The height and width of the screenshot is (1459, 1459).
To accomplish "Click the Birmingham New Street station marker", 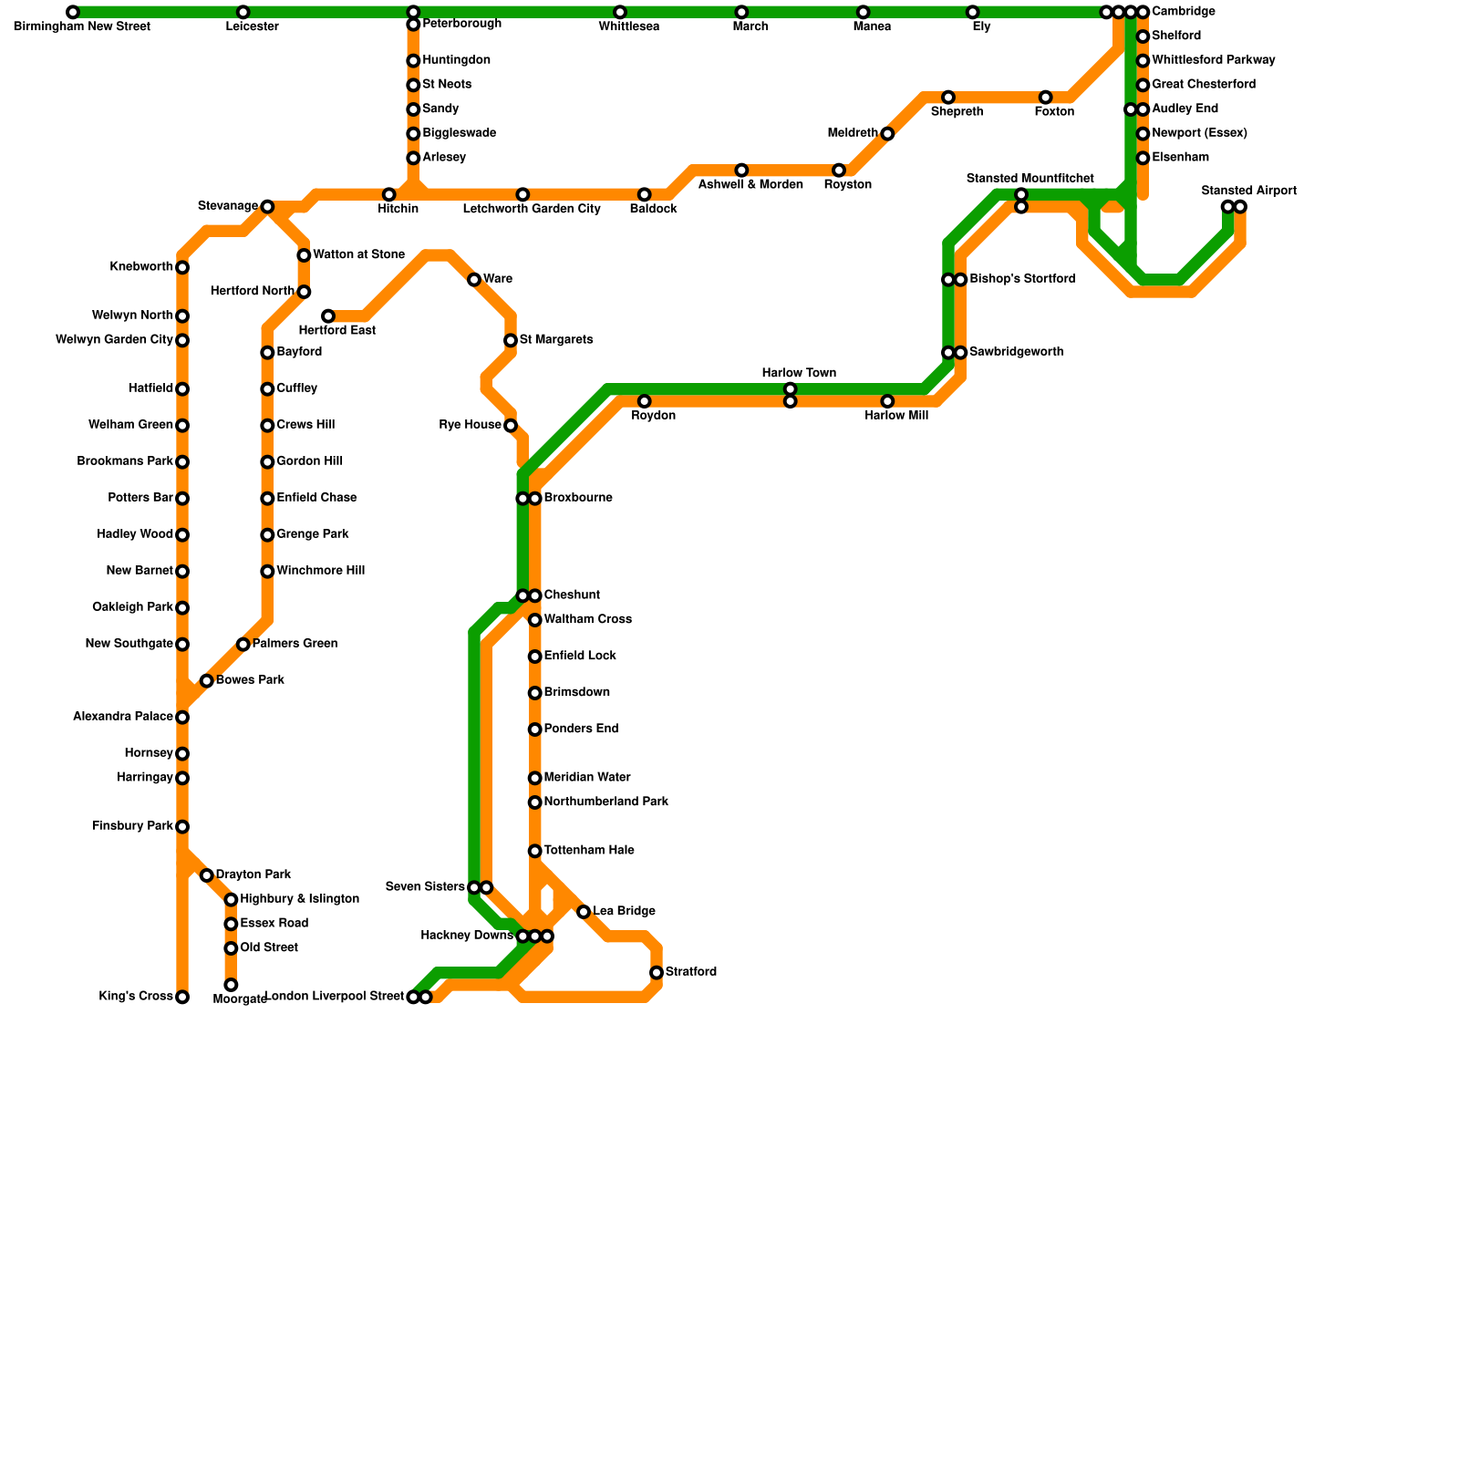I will point(73,12).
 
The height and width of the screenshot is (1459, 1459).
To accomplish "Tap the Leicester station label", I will point(252,27).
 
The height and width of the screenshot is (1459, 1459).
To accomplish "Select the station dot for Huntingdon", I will point(413,61).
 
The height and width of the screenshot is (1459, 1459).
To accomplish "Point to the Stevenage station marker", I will point(267,207).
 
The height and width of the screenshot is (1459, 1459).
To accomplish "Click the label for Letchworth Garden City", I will point(532,210).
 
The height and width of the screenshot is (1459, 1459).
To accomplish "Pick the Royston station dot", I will point(839,171).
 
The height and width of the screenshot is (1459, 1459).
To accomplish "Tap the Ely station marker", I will point(973,12).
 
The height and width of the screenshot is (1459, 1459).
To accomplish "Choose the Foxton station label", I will point(1054,112).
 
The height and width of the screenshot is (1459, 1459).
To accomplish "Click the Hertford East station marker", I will point(328,316).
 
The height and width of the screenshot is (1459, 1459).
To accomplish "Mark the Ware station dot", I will point(474,280).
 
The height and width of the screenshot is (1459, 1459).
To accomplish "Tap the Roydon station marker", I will point(645,401).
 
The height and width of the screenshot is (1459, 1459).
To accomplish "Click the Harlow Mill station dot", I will point(887,401).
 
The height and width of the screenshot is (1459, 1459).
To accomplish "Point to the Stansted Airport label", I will point(1248,191).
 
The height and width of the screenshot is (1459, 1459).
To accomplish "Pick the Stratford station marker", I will point(657,973).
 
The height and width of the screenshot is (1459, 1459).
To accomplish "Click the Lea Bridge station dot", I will point(584,912).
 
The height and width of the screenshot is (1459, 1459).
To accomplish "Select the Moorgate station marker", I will point(231,985).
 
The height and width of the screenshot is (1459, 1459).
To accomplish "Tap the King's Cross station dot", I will point(182,997).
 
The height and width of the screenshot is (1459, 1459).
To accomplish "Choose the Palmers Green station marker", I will point(243,645).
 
